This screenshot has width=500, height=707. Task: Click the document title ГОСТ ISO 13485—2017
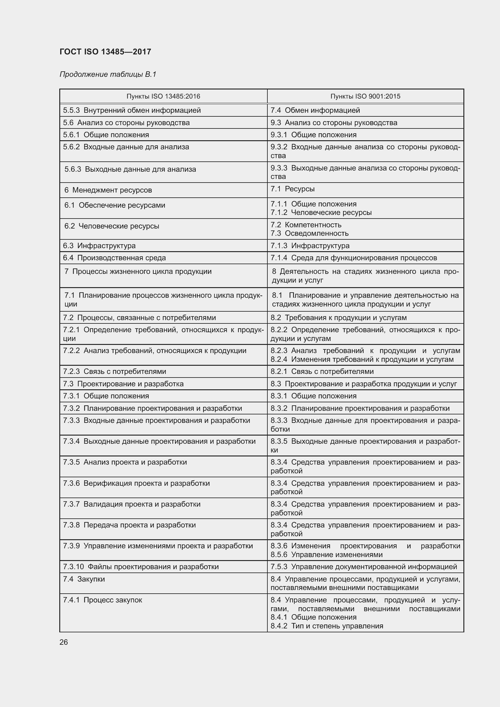pyautogui.click(x=105, y=52)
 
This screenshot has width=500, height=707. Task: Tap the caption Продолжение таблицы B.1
pyautogui.click(x=108, y=74)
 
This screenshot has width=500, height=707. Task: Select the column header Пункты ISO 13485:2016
pyautogui.click(x=163, y=96)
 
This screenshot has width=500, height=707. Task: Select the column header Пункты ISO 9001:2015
pyautogui.click(x=365, y=96)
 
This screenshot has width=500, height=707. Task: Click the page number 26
pyautogui.click(x=64, y=642)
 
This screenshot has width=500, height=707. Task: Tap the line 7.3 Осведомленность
pyautogui.click(x=309, y=233)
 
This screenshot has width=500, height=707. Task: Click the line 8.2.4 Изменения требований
pyautogui.click(x=362, y=359)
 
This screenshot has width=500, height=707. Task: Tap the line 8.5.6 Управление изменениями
pyautogui.click(x=326, y=555)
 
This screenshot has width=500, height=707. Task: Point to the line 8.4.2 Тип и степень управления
pyautogui.click(x=327, y=626)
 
